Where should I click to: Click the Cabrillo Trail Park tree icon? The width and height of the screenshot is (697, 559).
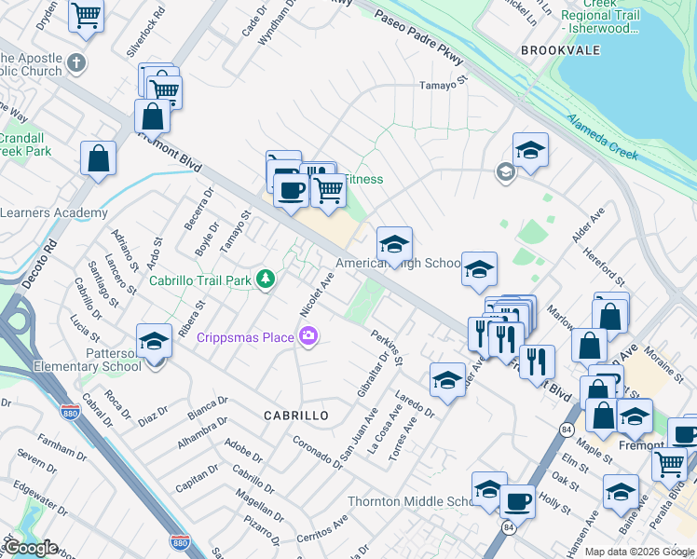click(x=266, y=279)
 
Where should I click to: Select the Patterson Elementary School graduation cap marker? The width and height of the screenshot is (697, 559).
click(x=154, y=340)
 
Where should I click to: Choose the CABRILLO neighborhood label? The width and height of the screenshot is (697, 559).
click(x=296, y=416)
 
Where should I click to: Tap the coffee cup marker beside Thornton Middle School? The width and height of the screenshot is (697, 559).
click(x=517, y=500)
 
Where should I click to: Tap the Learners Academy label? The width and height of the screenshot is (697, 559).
click(x=54, y=213)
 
